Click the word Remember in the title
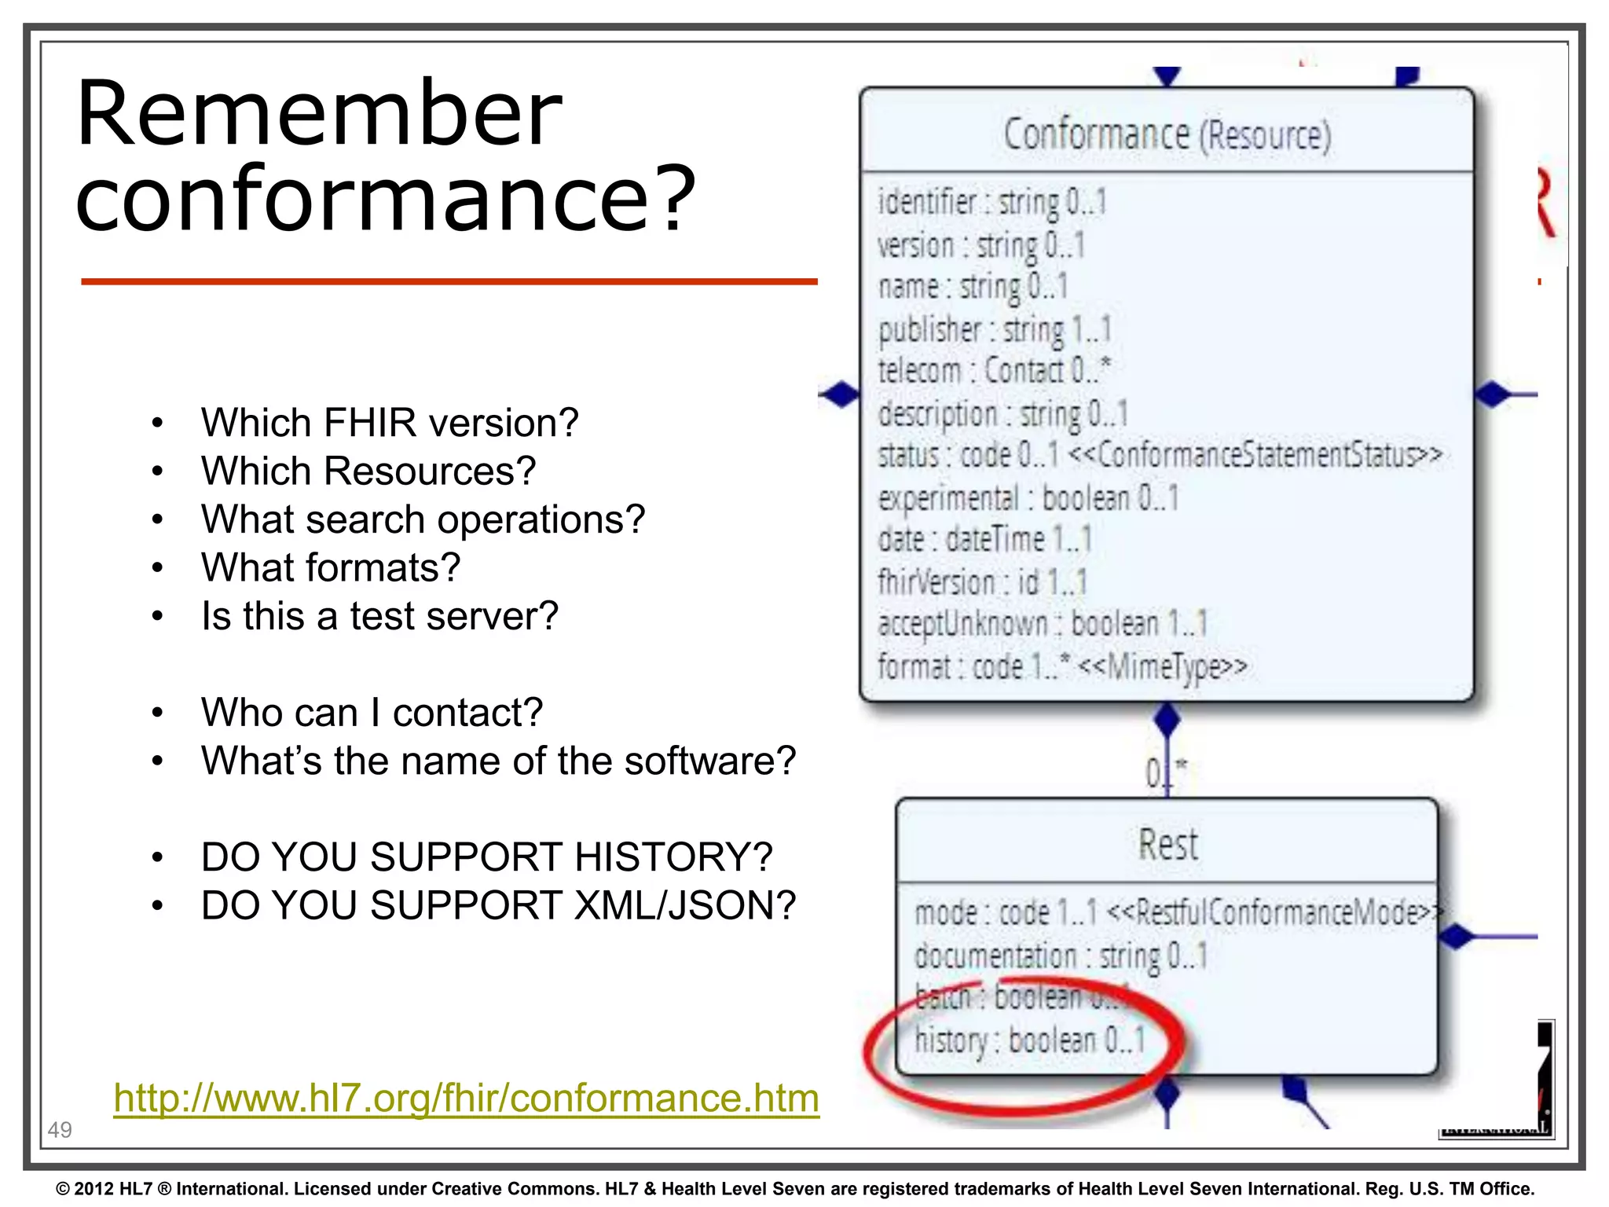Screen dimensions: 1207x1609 point(318,114)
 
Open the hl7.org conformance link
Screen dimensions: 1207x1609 point(466,1098)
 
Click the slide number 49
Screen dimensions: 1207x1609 point(60,1130)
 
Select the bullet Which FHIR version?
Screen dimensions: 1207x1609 point(389,423)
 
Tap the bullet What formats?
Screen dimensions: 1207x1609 point(330,567)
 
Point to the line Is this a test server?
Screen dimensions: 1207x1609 point(379,616)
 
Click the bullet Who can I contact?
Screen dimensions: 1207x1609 point(372,713)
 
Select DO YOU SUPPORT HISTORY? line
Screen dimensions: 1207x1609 point(486,857)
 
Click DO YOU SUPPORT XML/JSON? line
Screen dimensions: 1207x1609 point(498,905)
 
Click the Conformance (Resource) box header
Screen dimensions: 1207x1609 point(1167,134)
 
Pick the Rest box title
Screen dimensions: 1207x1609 point(1167,846)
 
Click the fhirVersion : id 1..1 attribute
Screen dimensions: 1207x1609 point(982,583)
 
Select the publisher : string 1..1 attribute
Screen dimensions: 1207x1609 point(994,330)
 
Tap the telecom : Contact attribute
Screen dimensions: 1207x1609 point(994,371)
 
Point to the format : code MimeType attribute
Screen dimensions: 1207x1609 point(1061,667)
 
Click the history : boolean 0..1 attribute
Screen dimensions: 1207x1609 point(1029,1040)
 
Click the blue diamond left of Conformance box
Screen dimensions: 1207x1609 point(840,394)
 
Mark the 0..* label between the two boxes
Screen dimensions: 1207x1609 point(1165,772)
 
